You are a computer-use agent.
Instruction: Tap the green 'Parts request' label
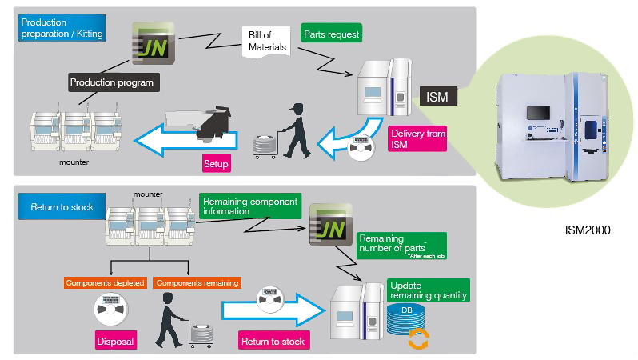coord(331,34)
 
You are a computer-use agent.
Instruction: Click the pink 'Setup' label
coord(216,164)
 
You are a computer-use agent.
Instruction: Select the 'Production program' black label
coord(111,82)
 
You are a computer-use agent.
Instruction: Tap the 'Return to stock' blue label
coord(62,207)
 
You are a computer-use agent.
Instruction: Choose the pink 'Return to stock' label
coord(273,341)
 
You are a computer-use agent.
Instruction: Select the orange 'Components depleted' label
coord(106,283)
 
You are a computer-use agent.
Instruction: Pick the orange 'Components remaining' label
coord(197,283)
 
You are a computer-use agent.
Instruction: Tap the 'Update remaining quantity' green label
coord(427,290)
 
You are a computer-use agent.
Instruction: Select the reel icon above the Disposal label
coord(113,306)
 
